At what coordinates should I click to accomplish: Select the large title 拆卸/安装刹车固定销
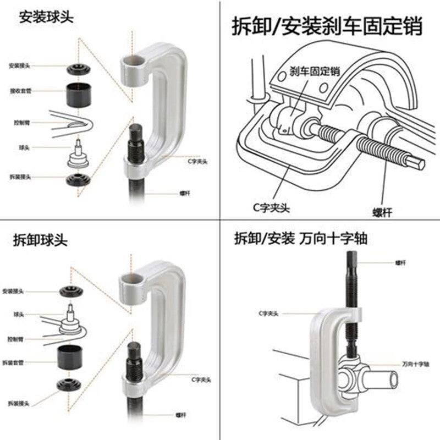328,26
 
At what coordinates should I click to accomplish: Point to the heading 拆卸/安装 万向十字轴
301,239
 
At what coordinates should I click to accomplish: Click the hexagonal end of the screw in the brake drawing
416,163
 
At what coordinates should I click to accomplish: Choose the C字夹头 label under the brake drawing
273,208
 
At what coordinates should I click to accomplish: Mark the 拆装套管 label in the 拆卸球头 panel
19,362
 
